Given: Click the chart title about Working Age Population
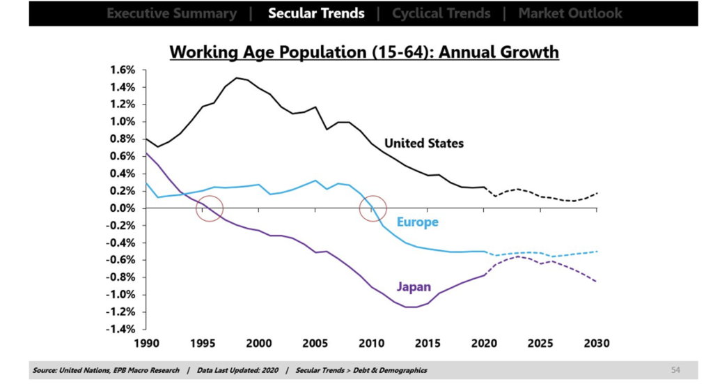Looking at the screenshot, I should pos(364,52).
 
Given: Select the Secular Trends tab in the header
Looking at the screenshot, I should pos(316,13).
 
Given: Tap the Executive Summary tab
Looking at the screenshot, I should pos(171,13).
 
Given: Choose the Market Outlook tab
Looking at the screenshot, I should pos(570,13).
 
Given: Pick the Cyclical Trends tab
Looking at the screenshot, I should pos(441,13).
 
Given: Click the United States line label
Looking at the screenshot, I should pos(424,144).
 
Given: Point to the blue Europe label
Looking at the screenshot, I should pos(417,222).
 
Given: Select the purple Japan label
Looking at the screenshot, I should pos(414,286).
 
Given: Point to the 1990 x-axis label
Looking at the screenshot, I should pos(146,344).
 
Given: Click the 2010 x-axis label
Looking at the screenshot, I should pos(371,344).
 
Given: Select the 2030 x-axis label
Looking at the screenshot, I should pos(597,344).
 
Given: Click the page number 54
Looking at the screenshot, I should pos(675,370).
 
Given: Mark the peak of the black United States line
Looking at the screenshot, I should pos(237,78).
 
